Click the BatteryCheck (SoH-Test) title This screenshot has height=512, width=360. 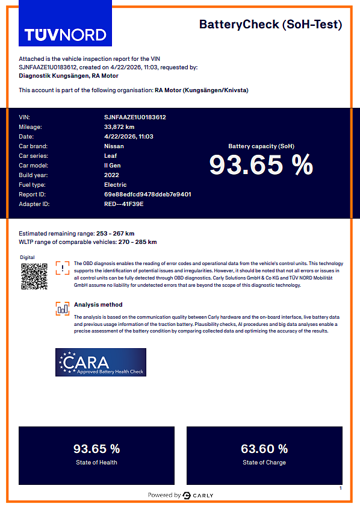coord(270,25)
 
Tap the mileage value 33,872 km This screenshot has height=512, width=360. coord(119,127)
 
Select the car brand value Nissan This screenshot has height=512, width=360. coord(114,146)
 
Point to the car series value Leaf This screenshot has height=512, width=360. coord(111,156)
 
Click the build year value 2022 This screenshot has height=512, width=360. coord(112,175)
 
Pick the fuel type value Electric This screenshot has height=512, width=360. coord(116,185)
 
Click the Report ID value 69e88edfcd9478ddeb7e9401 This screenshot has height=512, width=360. coord(147,195)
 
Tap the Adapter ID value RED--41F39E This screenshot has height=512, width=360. coord(124,204)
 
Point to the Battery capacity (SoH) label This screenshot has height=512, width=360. coord(261,146)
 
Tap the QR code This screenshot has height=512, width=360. coord(34,277)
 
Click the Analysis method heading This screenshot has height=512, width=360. coord(98,305)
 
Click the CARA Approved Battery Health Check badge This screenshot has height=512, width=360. coord(101,363)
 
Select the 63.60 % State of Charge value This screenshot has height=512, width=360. coord(264,449)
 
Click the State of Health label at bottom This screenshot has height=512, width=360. coord(96,463)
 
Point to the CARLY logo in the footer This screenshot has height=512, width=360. coord(198,496)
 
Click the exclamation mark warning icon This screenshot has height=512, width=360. coord(63,269)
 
